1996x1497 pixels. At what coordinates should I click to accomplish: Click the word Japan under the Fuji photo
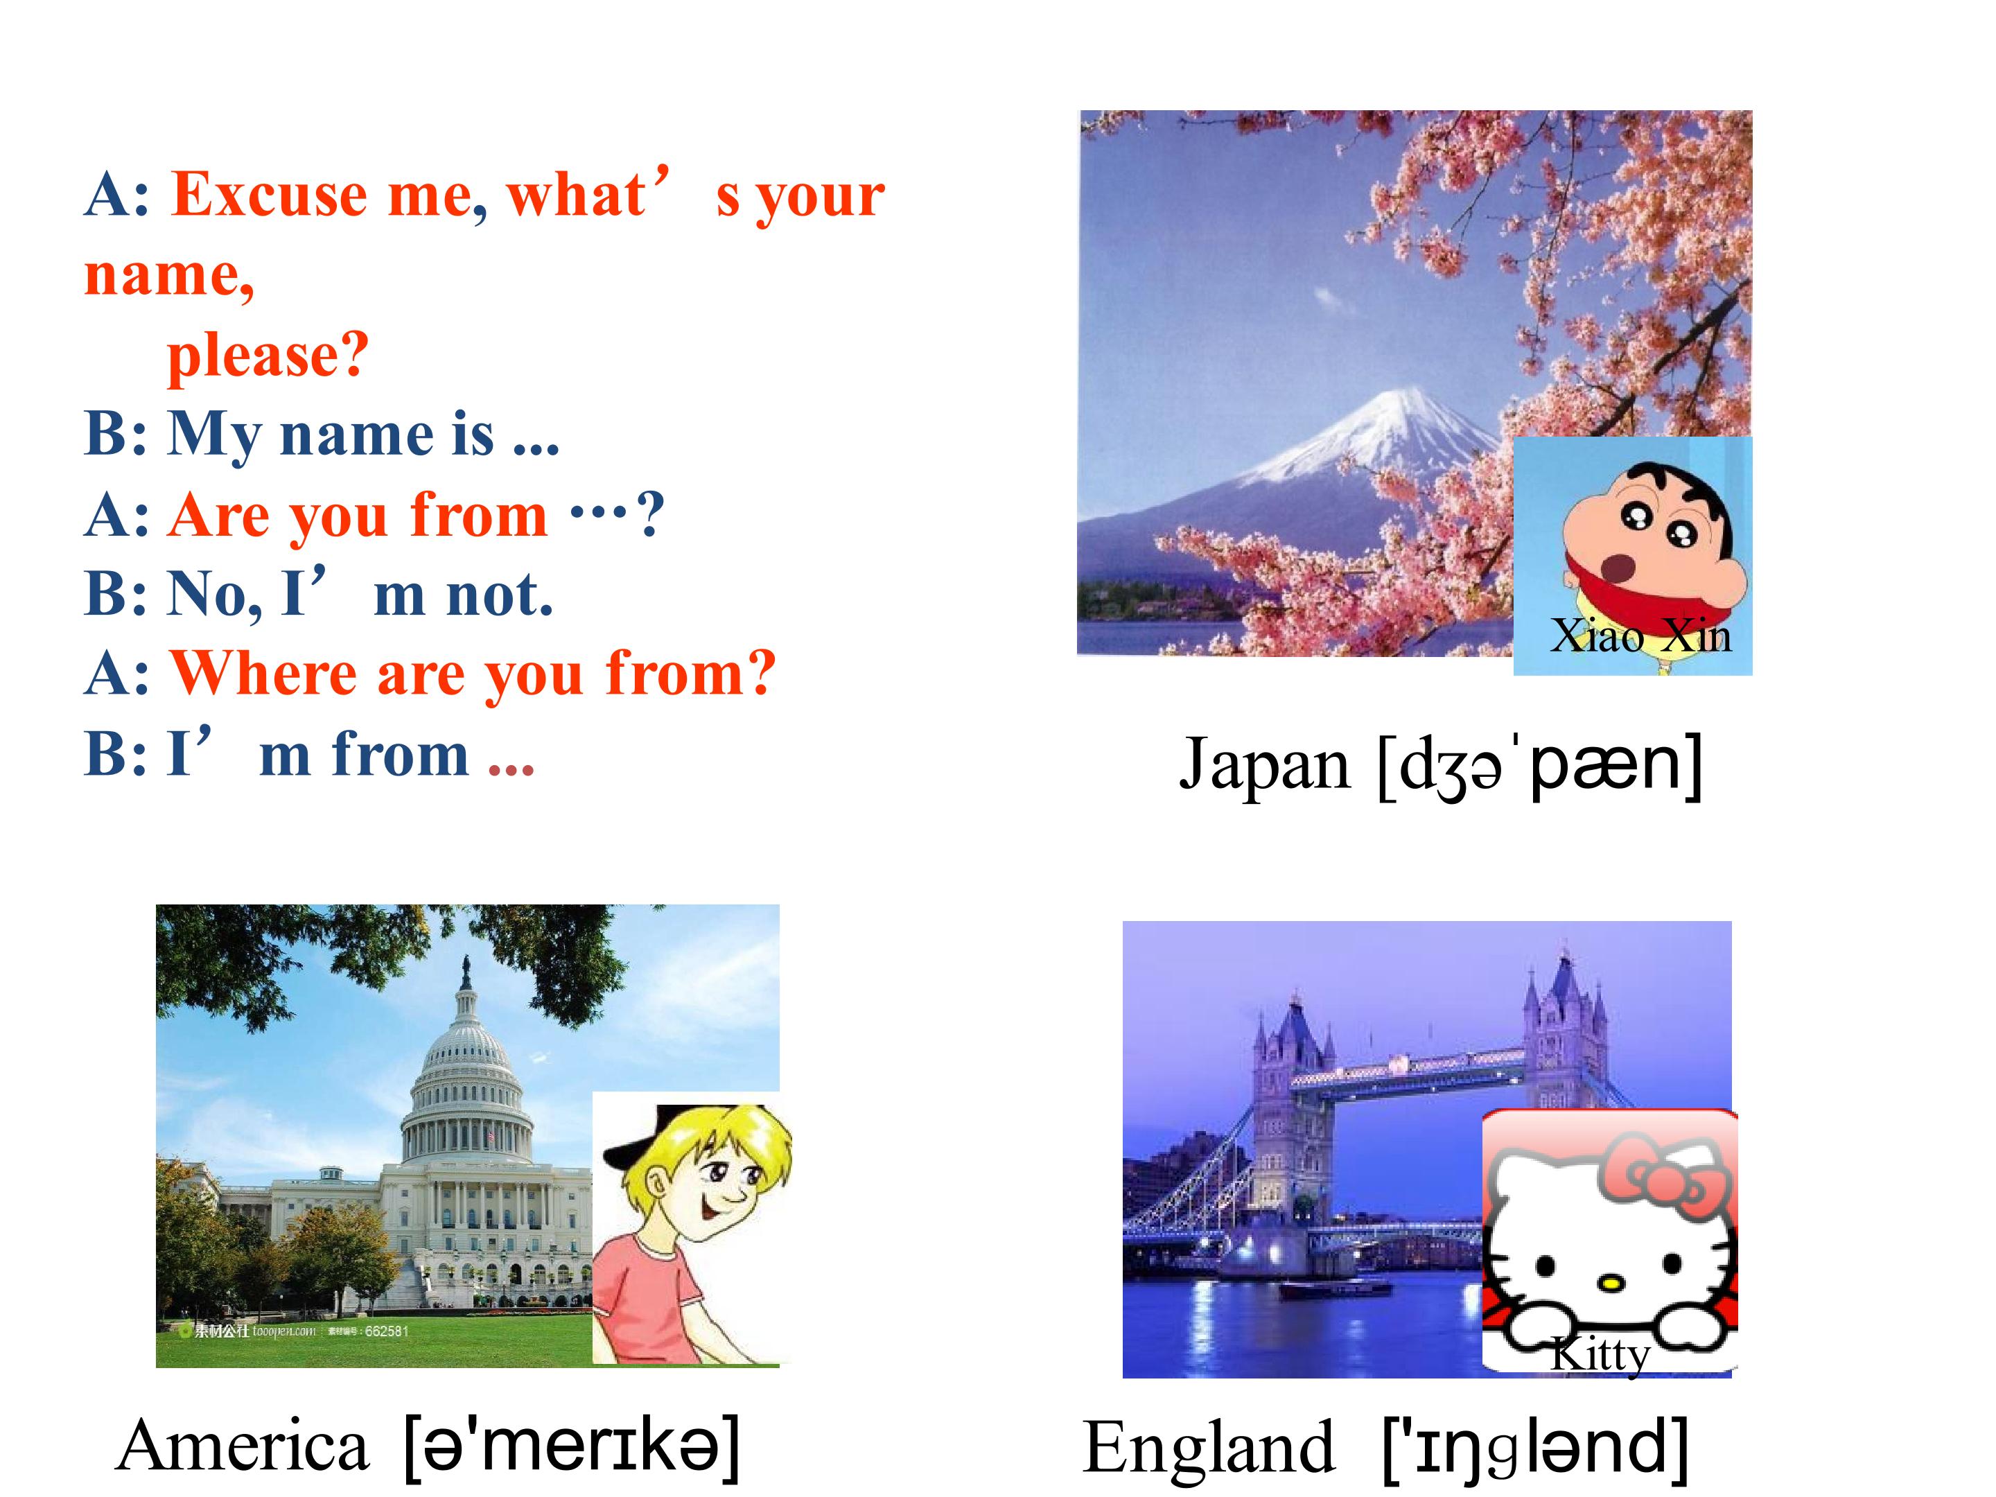tap(1264, 765)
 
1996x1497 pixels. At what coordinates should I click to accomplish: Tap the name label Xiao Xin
tap(1640, 636)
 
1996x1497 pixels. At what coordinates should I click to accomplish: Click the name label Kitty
tap(1600, 1354)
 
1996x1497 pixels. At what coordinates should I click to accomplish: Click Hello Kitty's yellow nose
tap(1610, 1281)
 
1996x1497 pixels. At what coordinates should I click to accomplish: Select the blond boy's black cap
tap(631, 1146)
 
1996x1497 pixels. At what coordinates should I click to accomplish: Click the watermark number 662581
tap(386, 1331)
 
